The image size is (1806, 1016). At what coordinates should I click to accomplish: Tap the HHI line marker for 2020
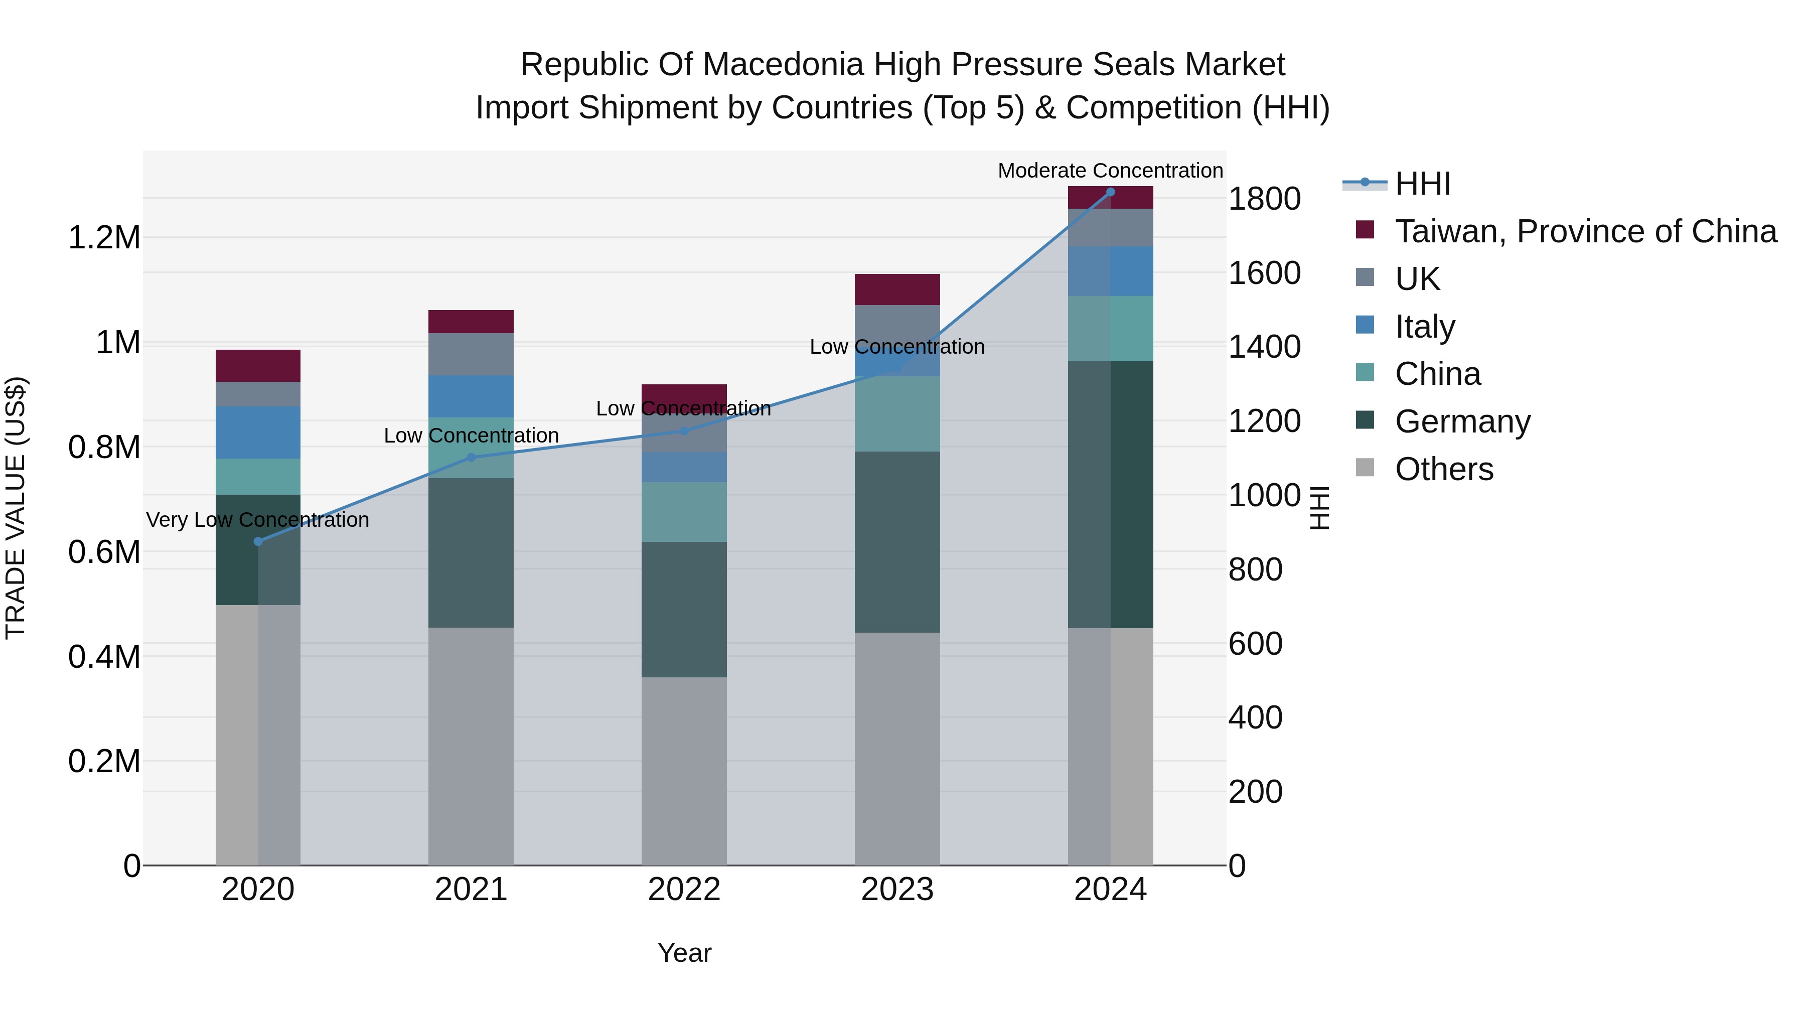click(258, 541)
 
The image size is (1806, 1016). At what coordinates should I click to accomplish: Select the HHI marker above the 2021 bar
click(471, 458)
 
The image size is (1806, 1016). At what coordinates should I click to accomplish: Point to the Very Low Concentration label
click(257, 520)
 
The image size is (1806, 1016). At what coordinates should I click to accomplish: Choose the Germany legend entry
click(1462, 421)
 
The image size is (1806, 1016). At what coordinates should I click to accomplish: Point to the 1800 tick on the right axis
click(1264, 199)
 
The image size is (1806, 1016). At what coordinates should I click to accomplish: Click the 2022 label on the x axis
click(684, 890)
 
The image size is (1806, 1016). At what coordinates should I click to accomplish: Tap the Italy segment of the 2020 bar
click(257, 432)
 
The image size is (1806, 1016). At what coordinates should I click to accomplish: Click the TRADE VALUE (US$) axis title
click(16, 508)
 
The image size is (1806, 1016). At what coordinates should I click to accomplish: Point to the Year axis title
click(684, 953)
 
